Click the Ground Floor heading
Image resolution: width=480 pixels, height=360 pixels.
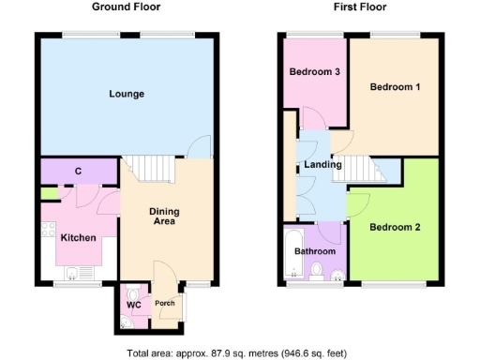pos(126,7)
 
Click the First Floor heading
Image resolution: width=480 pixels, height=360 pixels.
pos(360,7)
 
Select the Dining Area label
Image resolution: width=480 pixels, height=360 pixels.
pos(165,217)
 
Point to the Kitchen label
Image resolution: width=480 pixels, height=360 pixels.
pos(78,238)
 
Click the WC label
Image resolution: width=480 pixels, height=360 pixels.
pos(133,304)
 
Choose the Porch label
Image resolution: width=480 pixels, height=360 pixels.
pos(164,303)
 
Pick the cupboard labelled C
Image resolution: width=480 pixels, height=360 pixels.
pos(78,172)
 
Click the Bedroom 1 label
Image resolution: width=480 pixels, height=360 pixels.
pos(394,87)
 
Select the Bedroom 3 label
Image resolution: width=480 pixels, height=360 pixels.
pos(313,72)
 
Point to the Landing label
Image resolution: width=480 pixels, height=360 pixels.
pos(322,165)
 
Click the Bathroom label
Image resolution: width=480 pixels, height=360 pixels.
pos(315,252)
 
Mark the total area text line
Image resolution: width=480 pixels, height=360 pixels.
pos(237,353)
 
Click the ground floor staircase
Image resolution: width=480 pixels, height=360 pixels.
pos(150,169)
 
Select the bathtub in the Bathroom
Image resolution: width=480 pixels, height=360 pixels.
pos(292,253)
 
